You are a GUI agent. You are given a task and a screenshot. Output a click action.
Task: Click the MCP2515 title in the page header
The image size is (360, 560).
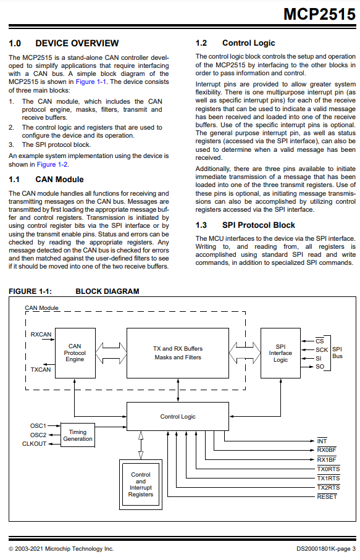point(319,14)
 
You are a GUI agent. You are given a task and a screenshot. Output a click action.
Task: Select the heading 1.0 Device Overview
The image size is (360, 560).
point(64,43)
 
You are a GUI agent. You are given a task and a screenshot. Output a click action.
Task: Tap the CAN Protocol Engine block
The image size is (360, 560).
point(75,353)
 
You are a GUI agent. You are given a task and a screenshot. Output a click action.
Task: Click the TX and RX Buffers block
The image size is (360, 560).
point(178,353)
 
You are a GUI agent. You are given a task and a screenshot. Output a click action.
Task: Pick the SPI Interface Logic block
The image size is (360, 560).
point(280,353)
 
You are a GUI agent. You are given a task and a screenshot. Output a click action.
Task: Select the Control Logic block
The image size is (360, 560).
point(178,417)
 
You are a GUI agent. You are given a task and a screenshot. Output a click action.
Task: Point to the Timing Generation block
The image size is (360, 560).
point(78,435)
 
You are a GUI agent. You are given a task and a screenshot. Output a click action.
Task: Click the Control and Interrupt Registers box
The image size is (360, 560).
point(141,485)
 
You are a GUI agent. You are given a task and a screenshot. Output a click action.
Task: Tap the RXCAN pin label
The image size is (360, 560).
point(41,334)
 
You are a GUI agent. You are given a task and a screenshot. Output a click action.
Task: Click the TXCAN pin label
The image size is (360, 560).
point(41,370)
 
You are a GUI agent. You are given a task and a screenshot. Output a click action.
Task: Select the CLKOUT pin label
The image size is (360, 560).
point(35,444)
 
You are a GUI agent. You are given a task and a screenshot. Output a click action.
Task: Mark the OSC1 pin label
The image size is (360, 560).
point(38,426)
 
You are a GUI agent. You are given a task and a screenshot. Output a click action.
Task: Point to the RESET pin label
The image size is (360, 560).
point(327,497)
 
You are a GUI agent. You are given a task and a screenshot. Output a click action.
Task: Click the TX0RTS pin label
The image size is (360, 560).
point(328,469)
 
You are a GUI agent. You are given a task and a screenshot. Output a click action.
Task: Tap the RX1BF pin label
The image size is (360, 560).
point(327,460)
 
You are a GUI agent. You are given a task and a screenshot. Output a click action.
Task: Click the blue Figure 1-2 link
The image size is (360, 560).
point(52,165)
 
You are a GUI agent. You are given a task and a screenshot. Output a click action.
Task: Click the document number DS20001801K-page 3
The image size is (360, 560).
point(325,549)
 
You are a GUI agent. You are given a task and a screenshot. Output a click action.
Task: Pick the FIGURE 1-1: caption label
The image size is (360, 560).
point(30,291)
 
